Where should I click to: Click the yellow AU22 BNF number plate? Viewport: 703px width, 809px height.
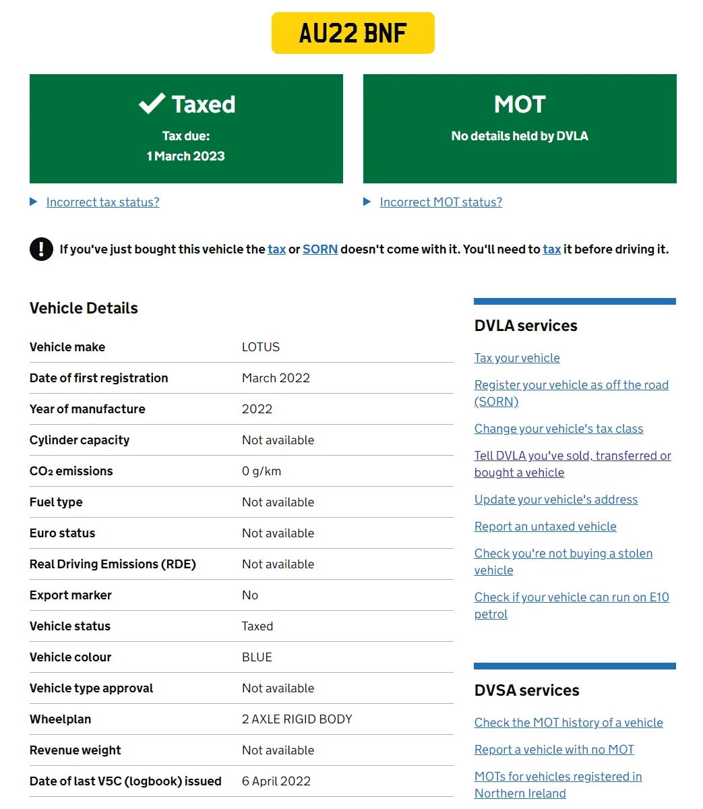coord(353,33)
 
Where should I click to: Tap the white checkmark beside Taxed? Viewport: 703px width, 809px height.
coord(152,104)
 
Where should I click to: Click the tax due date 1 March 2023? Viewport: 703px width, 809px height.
coord(186,156)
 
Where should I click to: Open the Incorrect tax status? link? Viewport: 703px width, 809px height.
coord(102,202)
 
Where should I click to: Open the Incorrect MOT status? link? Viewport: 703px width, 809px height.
coord(441,202)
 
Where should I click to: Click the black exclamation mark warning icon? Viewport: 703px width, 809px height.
coord(41,249)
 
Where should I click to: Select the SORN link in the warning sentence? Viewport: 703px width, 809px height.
coord(320,249)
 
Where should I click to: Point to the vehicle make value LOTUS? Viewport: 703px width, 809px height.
coord(261,347)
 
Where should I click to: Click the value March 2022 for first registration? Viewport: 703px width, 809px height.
coord(276,378)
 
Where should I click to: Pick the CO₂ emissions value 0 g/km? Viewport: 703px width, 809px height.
coord(262,471)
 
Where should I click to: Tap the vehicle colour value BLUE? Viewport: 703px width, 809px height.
coord(257,657)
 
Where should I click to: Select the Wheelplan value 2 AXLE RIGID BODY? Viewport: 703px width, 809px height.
coord(297,719)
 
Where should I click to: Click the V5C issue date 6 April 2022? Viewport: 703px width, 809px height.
coord(276,781)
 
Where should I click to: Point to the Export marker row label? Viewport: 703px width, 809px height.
coord(71,595)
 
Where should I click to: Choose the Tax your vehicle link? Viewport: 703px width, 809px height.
coord(517,358)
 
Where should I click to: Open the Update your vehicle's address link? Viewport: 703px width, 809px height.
coord(556,500)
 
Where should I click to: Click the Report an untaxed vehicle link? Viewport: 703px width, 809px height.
coord(545,527)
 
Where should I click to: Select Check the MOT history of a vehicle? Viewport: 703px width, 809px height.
coord(569,723)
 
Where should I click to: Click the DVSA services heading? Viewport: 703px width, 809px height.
coord(527,690)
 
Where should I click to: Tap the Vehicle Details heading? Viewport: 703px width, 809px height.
coord(84,308)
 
